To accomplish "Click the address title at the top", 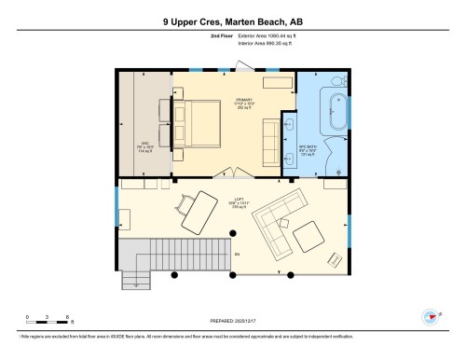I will pos(232,20).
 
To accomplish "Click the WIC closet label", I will pos(144,146).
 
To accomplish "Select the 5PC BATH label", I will pos(308,149).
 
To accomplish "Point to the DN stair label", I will pos(237,254).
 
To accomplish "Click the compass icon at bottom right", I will pos(432,317).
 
